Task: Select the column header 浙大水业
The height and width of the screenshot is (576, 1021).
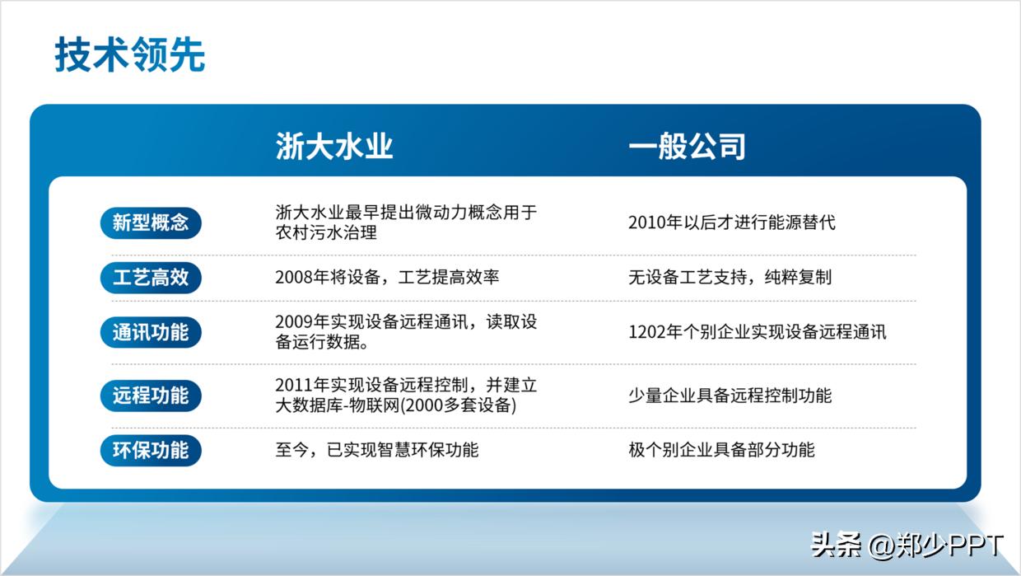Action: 334,147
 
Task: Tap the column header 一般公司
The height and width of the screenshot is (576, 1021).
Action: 687,147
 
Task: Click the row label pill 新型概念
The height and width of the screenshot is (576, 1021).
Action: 151,222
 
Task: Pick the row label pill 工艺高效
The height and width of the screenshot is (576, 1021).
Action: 151,278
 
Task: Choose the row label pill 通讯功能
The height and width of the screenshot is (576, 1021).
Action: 151,332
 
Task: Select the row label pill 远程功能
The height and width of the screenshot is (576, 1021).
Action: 151,396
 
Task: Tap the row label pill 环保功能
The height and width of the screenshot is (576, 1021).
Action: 151,450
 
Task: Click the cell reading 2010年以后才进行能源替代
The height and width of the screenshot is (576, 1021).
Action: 731,222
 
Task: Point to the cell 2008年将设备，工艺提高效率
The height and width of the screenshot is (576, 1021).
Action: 387,278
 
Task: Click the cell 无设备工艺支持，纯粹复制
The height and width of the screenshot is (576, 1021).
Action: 730,278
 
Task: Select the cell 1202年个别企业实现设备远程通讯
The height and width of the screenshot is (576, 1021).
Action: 757,332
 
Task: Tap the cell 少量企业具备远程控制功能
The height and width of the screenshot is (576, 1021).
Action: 730,396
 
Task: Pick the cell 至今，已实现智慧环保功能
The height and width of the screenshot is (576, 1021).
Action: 376,450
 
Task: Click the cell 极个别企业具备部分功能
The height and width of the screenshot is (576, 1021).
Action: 721,450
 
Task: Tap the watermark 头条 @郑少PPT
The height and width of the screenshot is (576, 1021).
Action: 907,545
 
